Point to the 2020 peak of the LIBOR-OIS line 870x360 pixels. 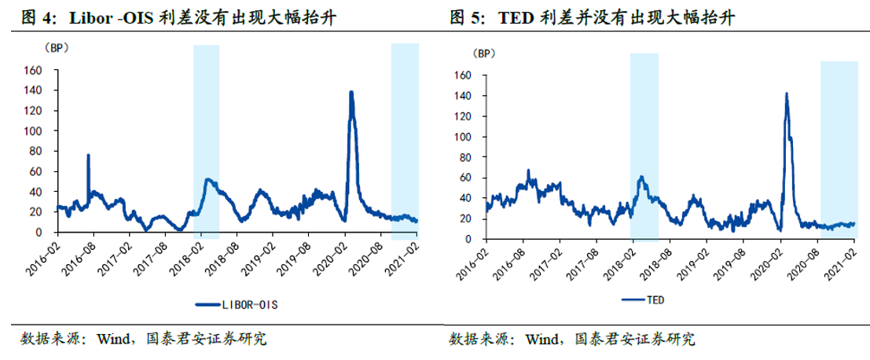(x=351, y=92)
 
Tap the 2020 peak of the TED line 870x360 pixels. (x=786, y=94)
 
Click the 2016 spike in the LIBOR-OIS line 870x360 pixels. (x=88, y=156)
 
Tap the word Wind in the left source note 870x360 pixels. (x=112, y=340)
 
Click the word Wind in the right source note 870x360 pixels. (x=541, y=340)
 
